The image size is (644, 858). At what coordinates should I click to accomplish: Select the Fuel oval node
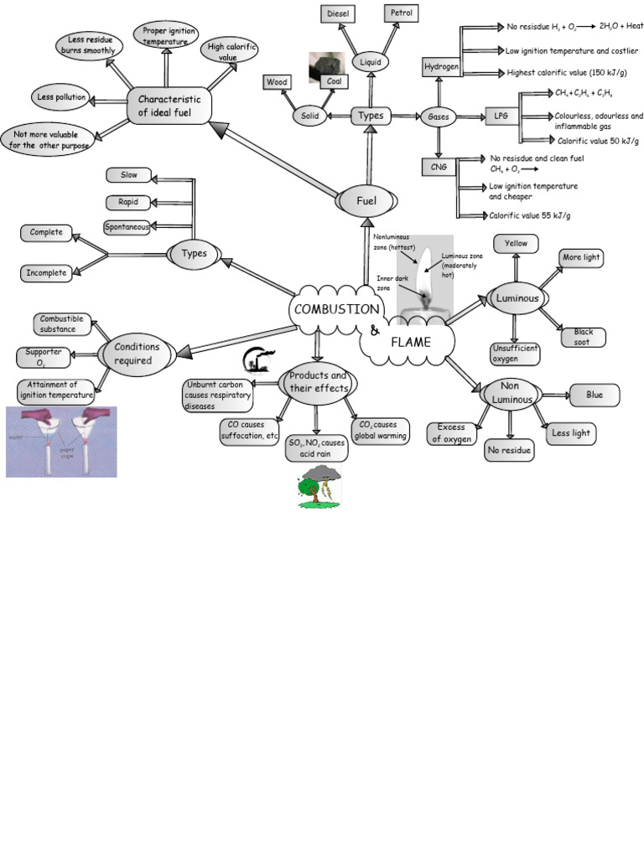tap(366, 201)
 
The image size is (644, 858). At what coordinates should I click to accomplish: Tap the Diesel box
tap(340, 13)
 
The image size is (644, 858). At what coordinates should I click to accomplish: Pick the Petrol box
tap(401, 13)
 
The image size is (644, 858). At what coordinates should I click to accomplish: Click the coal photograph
tap(326, 67)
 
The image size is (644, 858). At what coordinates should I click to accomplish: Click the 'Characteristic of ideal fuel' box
tap(169, 106)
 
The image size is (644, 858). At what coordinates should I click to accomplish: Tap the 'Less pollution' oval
tap(61, 98)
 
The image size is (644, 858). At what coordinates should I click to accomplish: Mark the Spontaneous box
tap(127, 227)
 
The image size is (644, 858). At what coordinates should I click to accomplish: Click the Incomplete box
tap(46, 272)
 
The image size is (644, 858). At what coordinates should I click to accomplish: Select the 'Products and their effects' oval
tap(318, 382)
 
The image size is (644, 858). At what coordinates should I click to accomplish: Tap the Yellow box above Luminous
tap(516, 243)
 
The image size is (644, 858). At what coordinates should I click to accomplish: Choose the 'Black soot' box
tap(583, 337)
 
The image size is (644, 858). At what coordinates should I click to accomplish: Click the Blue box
tap(595, 395)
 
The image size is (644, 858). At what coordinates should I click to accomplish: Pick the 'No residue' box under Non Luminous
tap(509, 451)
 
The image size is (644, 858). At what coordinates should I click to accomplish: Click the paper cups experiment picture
tap(61, 442)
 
